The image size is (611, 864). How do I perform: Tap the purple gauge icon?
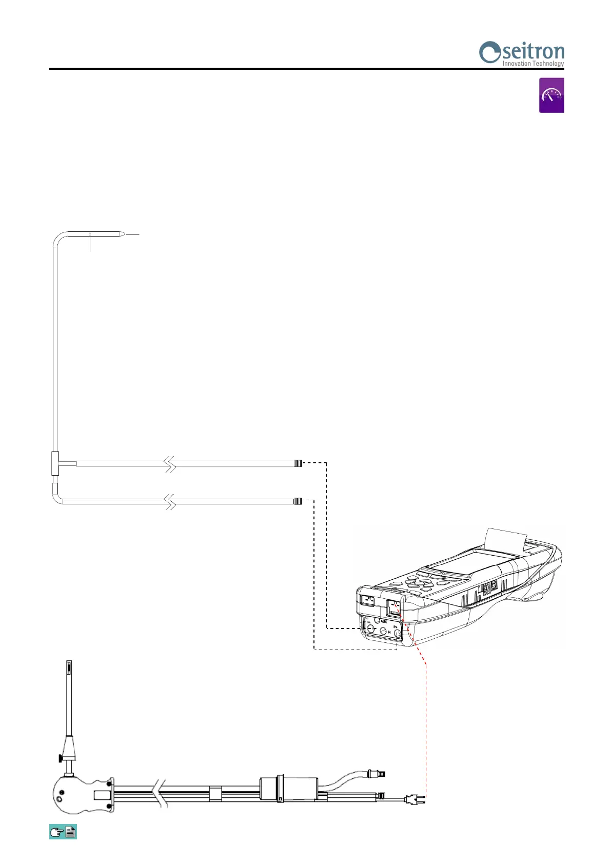click(551, 95)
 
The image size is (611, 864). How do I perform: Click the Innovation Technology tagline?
click(533, 64)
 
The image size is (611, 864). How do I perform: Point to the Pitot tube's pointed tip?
click(123, 234)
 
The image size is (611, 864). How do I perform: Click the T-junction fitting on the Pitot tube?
click(55, 464)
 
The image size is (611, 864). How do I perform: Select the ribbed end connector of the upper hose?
click(298, 463)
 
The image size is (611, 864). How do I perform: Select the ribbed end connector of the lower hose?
click(298, 501)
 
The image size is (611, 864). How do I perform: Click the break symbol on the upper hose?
click(170, 464)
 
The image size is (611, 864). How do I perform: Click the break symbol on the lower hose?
click(170, 501)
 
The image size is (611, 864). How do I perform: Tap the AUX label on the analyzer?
click(384, 621)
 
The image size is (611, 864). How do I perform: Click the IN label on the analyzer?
click(389, 633)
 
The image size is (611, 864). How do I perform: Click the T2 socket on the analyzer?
click(367, 600)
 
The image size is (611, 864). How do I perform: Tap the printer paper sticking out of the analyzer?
click(506, 539)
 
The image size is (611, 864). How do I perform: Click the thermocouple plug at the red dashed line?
click(412, 799)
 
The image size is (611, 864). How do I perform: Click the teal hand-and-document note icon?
click(63, 832)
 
